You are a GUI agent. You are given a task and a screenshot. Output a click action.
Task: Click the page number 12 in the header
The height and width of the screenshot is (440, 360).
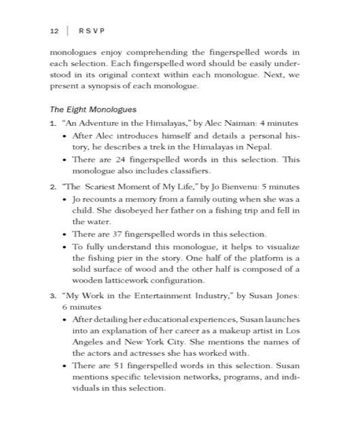(54, 31)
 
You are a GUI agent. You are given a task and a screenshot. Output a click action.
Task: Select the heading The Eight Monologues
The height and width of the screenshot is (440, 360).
(93, 109)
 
